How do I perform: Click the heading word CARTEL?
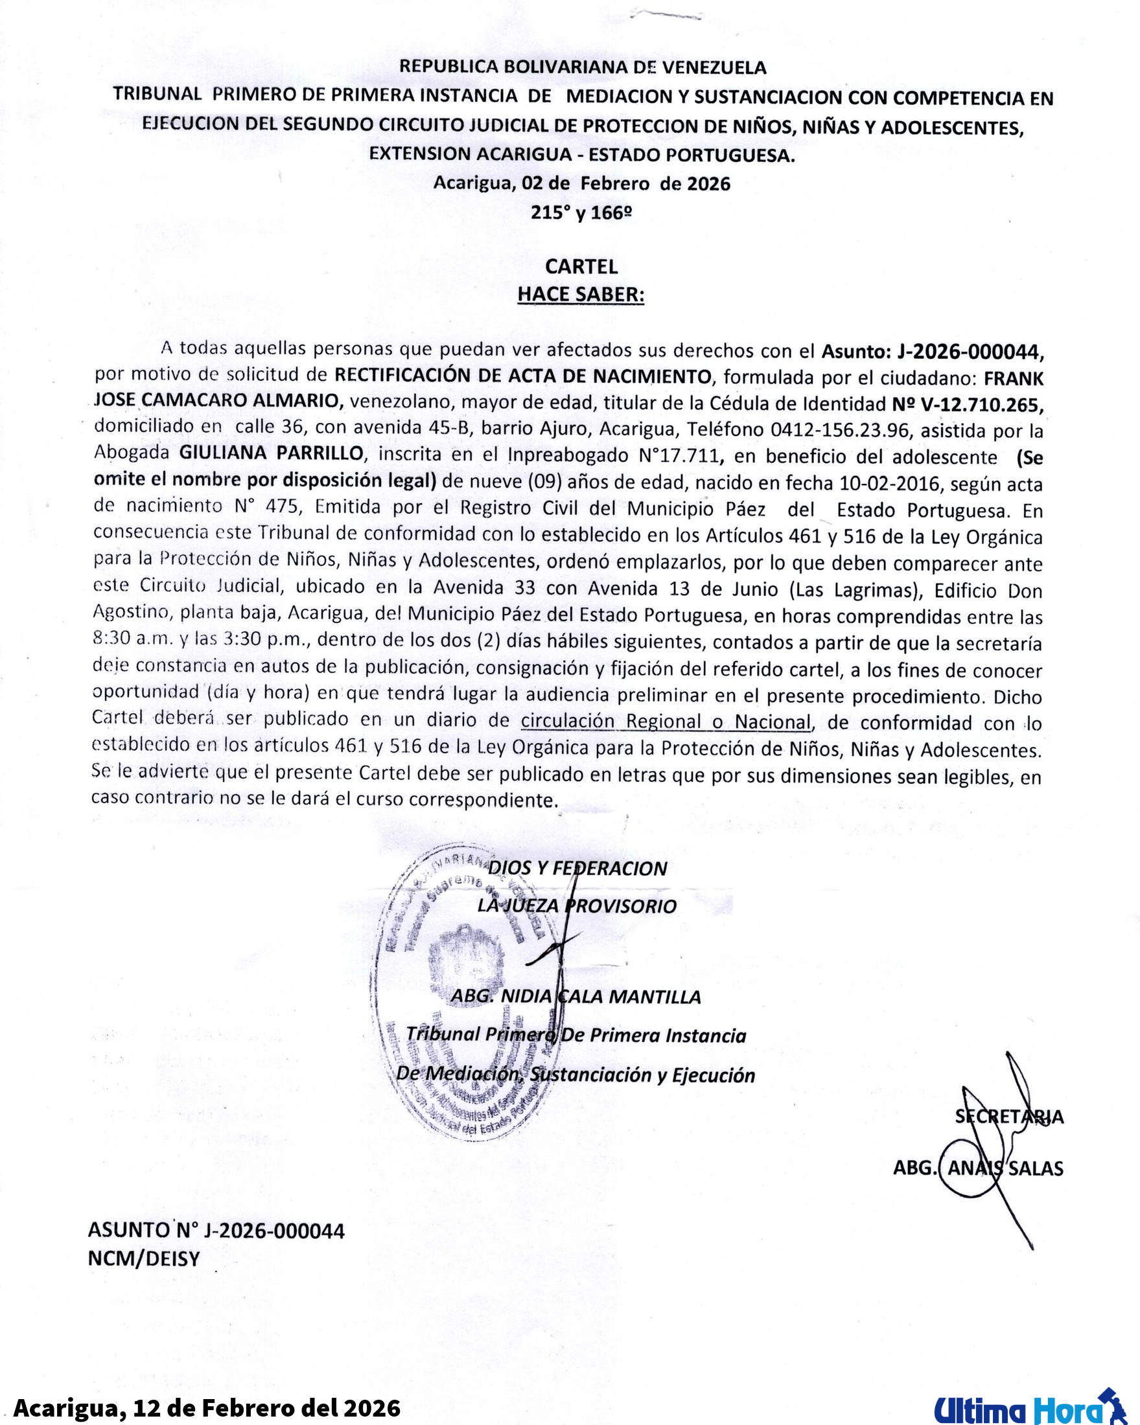(x=581, y=266)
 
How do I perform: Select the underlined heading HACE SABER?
(x=581, y=294)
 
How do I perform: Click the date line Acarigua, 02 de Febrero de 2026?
(x=582, y=183)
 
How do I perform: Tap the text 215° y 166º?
(x=581, y=212)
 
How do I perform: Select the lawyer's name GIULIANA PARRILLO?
(x=271, y=453)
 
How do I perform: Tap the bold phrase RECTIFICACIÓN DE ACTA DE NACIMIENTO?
(x=522, y=376)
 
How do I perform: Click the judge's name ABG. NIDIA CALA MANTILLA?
(x=576, y=997)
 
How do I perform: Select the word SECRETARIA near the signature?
(x=1009, y=1117)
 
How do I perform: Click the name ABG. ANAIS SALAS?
(x=978, y=1168)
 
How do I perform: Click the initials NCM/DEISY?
(x=144, y=1259)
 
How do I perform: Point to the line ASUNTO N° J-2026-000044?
(x=216, y=1231)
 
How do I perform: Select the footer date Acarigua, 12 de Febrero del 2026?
(x=207, y=1408)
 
